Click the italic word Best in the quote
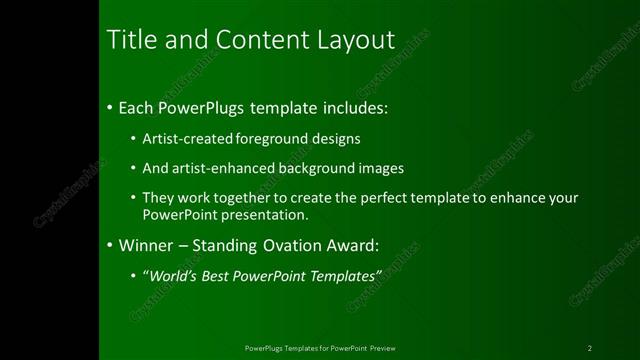point(225,275)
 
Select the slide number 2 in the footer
point(590,348)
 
